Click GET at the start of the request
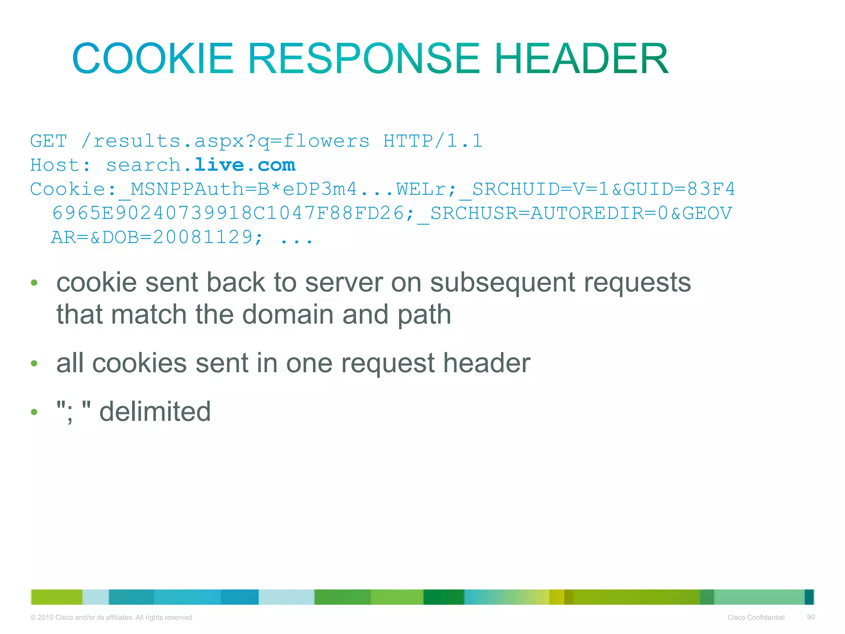[48, 141]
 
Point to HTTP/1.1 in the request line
[432, 141]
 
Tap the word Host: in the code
[60, 165]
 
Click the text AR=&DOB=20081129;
[157, 237]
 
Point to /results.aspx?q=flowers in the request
[225, 141]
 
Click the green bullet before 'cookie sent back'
[34, 283]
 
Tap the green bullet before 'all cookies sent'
[34, 364]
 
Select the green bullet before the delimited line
[34, 412]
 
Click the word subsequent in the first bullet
[502, 283]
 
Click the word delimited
[155, 412]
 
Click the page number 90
[811, 617]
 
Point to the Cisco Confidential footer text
[755, 617]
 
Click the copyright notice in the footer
[112, 617]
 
